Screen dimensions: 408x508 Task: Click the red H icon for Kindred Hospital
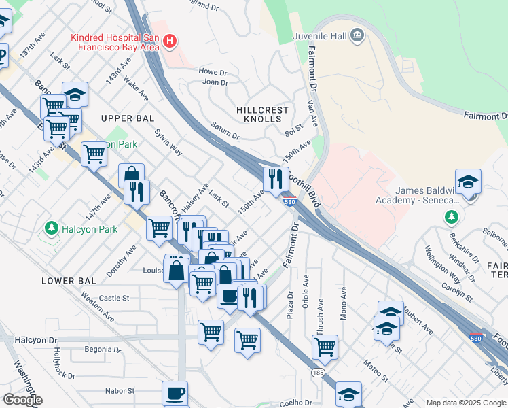[170, 41]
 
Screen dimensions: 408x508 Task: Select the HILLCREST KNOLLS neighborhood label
[263, 114]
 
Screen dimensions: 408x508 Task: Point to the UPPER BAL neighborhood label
[124, 118]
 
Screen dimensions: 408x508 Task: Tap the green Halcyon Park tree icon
[50, 226]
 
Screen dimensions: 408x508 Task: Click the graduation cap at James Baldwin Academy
[468, 182]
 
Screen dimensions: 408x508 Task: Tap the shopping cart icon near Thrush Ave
[325, 346]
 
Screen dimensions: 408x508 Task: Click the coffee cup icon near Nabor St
[175, 392]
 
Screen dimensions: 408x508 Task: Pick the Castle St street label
[113, 298]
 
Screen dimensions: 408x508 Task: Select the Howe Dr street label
[212, 71]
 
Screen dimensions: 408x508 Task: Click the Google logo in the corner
[22, 400]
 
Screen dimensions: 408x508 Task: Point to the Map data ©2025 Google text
[465, 403]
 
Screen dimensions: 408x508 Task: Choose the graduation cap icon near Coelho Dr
[348, 394]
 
